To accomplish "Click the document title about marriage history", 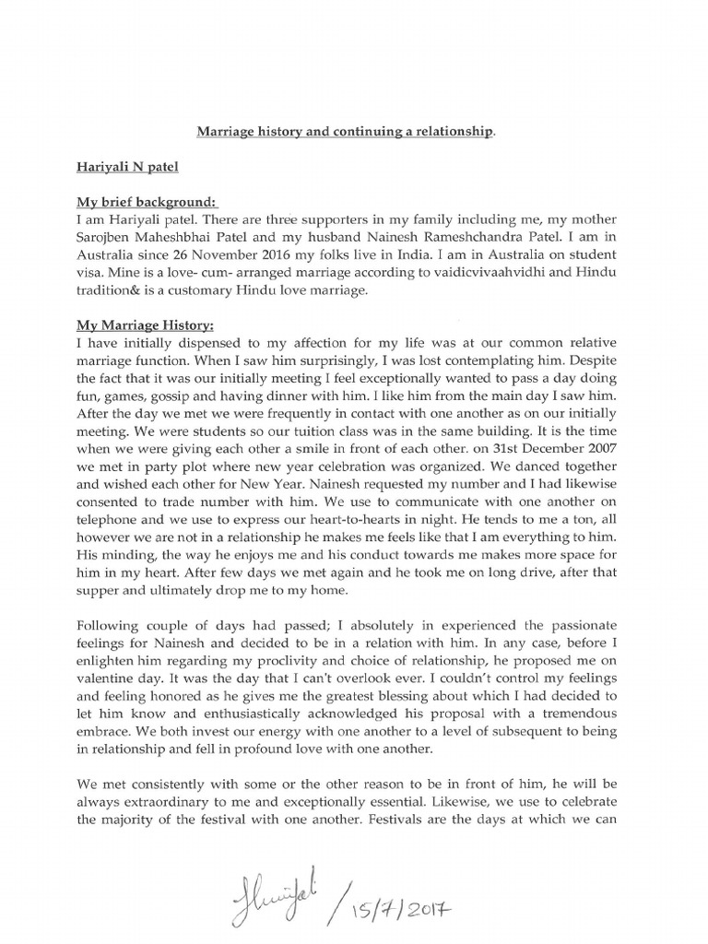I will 346,132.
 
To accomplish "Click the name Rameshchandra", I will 515,242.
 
